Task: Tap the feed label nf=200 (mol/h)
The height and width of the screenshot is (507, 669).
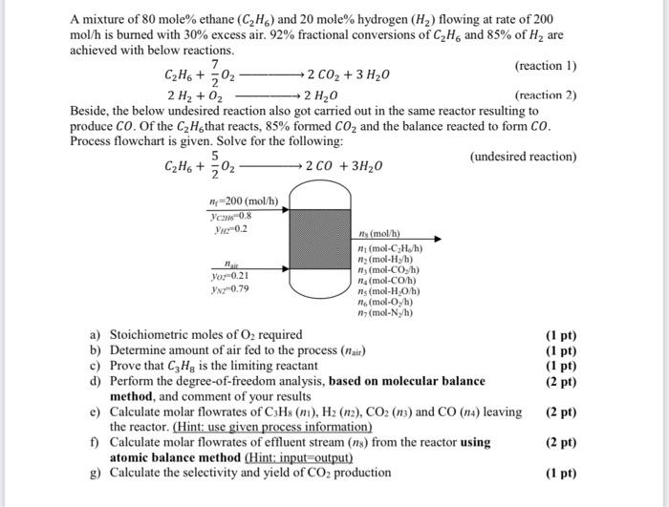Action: click(x=244, y=201)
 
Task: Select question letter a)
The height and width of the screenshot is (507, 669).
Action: click(x=96, y=335)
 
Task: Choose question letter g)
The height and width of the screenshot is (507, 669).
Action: click(x=96, y=473)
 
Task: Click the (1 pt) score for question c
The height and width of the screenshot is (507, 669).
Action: click(x=560, y=366)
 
